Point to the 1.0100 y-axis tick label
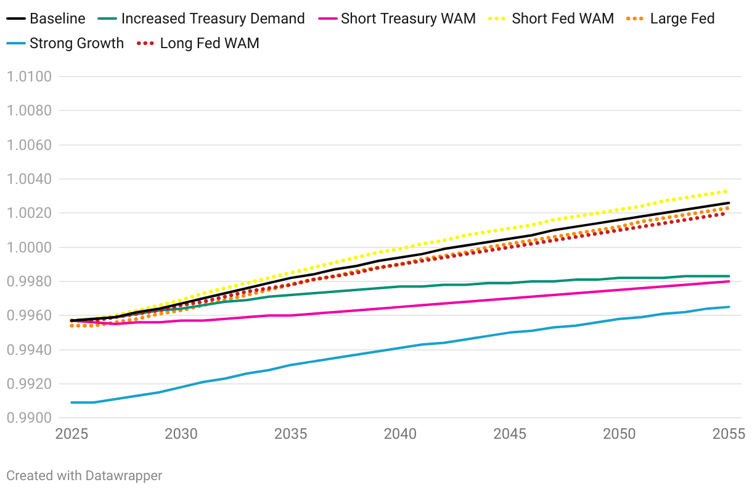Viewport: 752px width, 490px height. click(x=37, y=77)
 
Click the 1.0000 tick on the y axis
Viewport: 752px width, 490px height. click(x=37, y=247)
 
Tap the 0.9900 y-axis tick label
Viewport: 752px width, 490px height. click(x=37, y=418)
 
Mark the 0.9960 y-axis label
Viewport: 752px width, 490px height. click(x=37, y=316)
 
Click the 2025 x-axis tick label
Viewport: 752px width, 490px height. click(x=72, y=434)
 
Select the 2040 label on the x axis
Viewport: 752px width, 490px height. click(x=401, y=434)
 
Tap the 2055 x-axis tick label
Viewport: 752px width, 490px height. click(x=729, y=434)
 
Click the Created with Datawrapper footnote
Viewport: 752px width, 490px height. click(x=84, y=475)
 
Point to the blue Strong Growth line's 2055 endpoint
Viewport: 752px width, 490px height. click(x=729, y=307)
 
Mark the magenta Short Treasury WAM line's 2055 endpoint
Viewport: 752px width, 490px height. click(x=729, y=281)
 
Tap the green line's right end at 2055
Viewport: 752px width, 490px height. click(x=729, y=276)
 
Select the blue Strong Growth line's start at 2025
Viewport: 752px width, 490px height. click(x=72, y=402)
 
